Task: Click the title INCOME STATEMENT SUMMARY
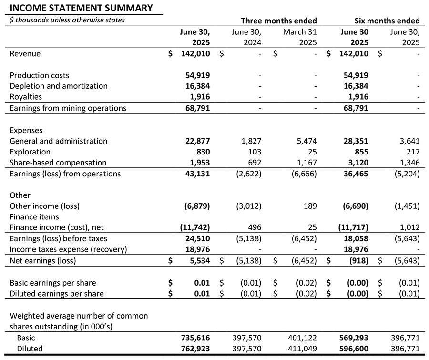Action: (x=82, y=8)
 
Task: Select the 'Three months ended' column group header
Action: (x=278, y=21)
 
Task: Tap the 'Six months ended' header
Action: (x=387, y=21)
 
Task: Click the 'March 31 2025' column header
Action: (x=300, y=37)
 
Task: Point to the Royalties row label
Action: (x=26, y=97)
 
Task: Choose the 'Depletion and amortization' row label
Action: (x=59, y=86)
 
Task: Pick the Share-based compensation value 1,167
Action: (x=306, y=163)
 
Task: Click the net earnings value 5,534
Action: (x=199, y=261)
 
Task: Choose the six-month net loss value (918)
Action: (x=358, y=261)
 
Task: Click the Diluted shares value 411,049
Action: (x=303, y=349)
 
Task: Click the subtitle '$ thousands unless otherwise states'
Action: (x=67, y=20)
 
